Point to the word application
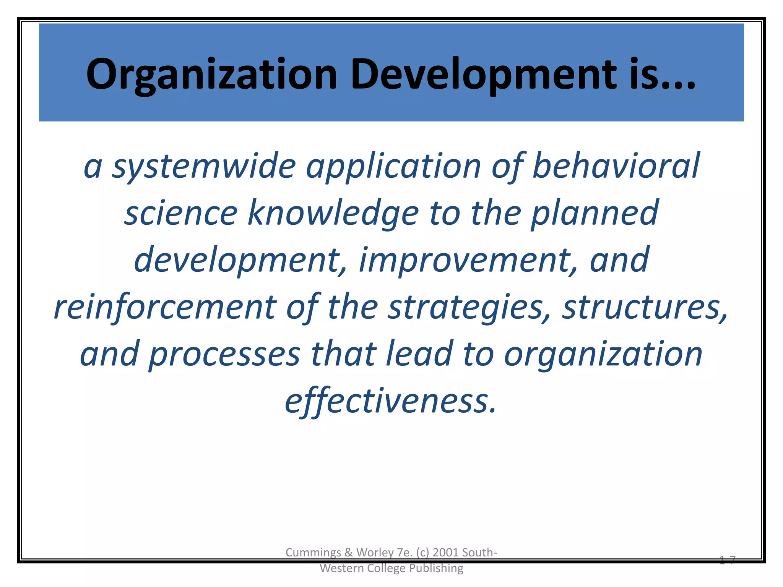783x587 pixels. click(x=393, y=166)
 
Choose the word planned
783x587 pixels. click(x=595, y=213)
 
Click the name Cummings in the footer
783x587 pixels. click(x=313, y=553)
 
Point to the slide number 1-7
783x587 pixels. click(x=727, y=560)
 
